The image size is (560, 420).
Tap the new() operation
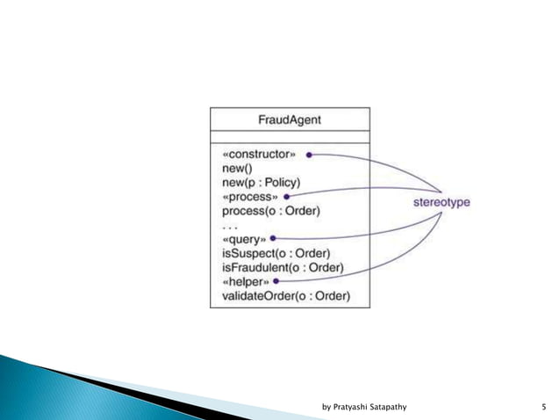coord(237,168)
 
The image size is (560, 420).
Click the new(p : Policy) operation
coord(260,182)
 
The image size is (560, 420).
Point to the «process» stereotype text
coord(248,196)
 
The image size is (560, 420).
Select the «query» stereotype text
coord(242,238)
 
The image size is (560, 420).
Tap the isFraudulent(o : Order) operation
coord(282,267)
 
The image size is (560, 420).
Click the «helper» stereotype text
coord(244,281)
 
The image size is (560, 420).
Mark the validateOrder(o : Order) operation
coord(285,296)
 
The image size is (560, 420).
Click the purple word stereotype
coord(442,202)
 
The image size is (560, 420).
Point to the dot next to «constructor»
coord(310,155)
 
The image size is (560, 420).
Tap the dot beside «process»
coord(287,197)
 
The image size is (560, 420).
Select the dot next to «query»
coord(274,238)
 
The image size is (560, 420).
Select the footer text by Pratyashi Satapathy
coord(369,407)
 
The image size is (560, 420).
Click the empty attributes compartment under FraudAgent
coord(289,136)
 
